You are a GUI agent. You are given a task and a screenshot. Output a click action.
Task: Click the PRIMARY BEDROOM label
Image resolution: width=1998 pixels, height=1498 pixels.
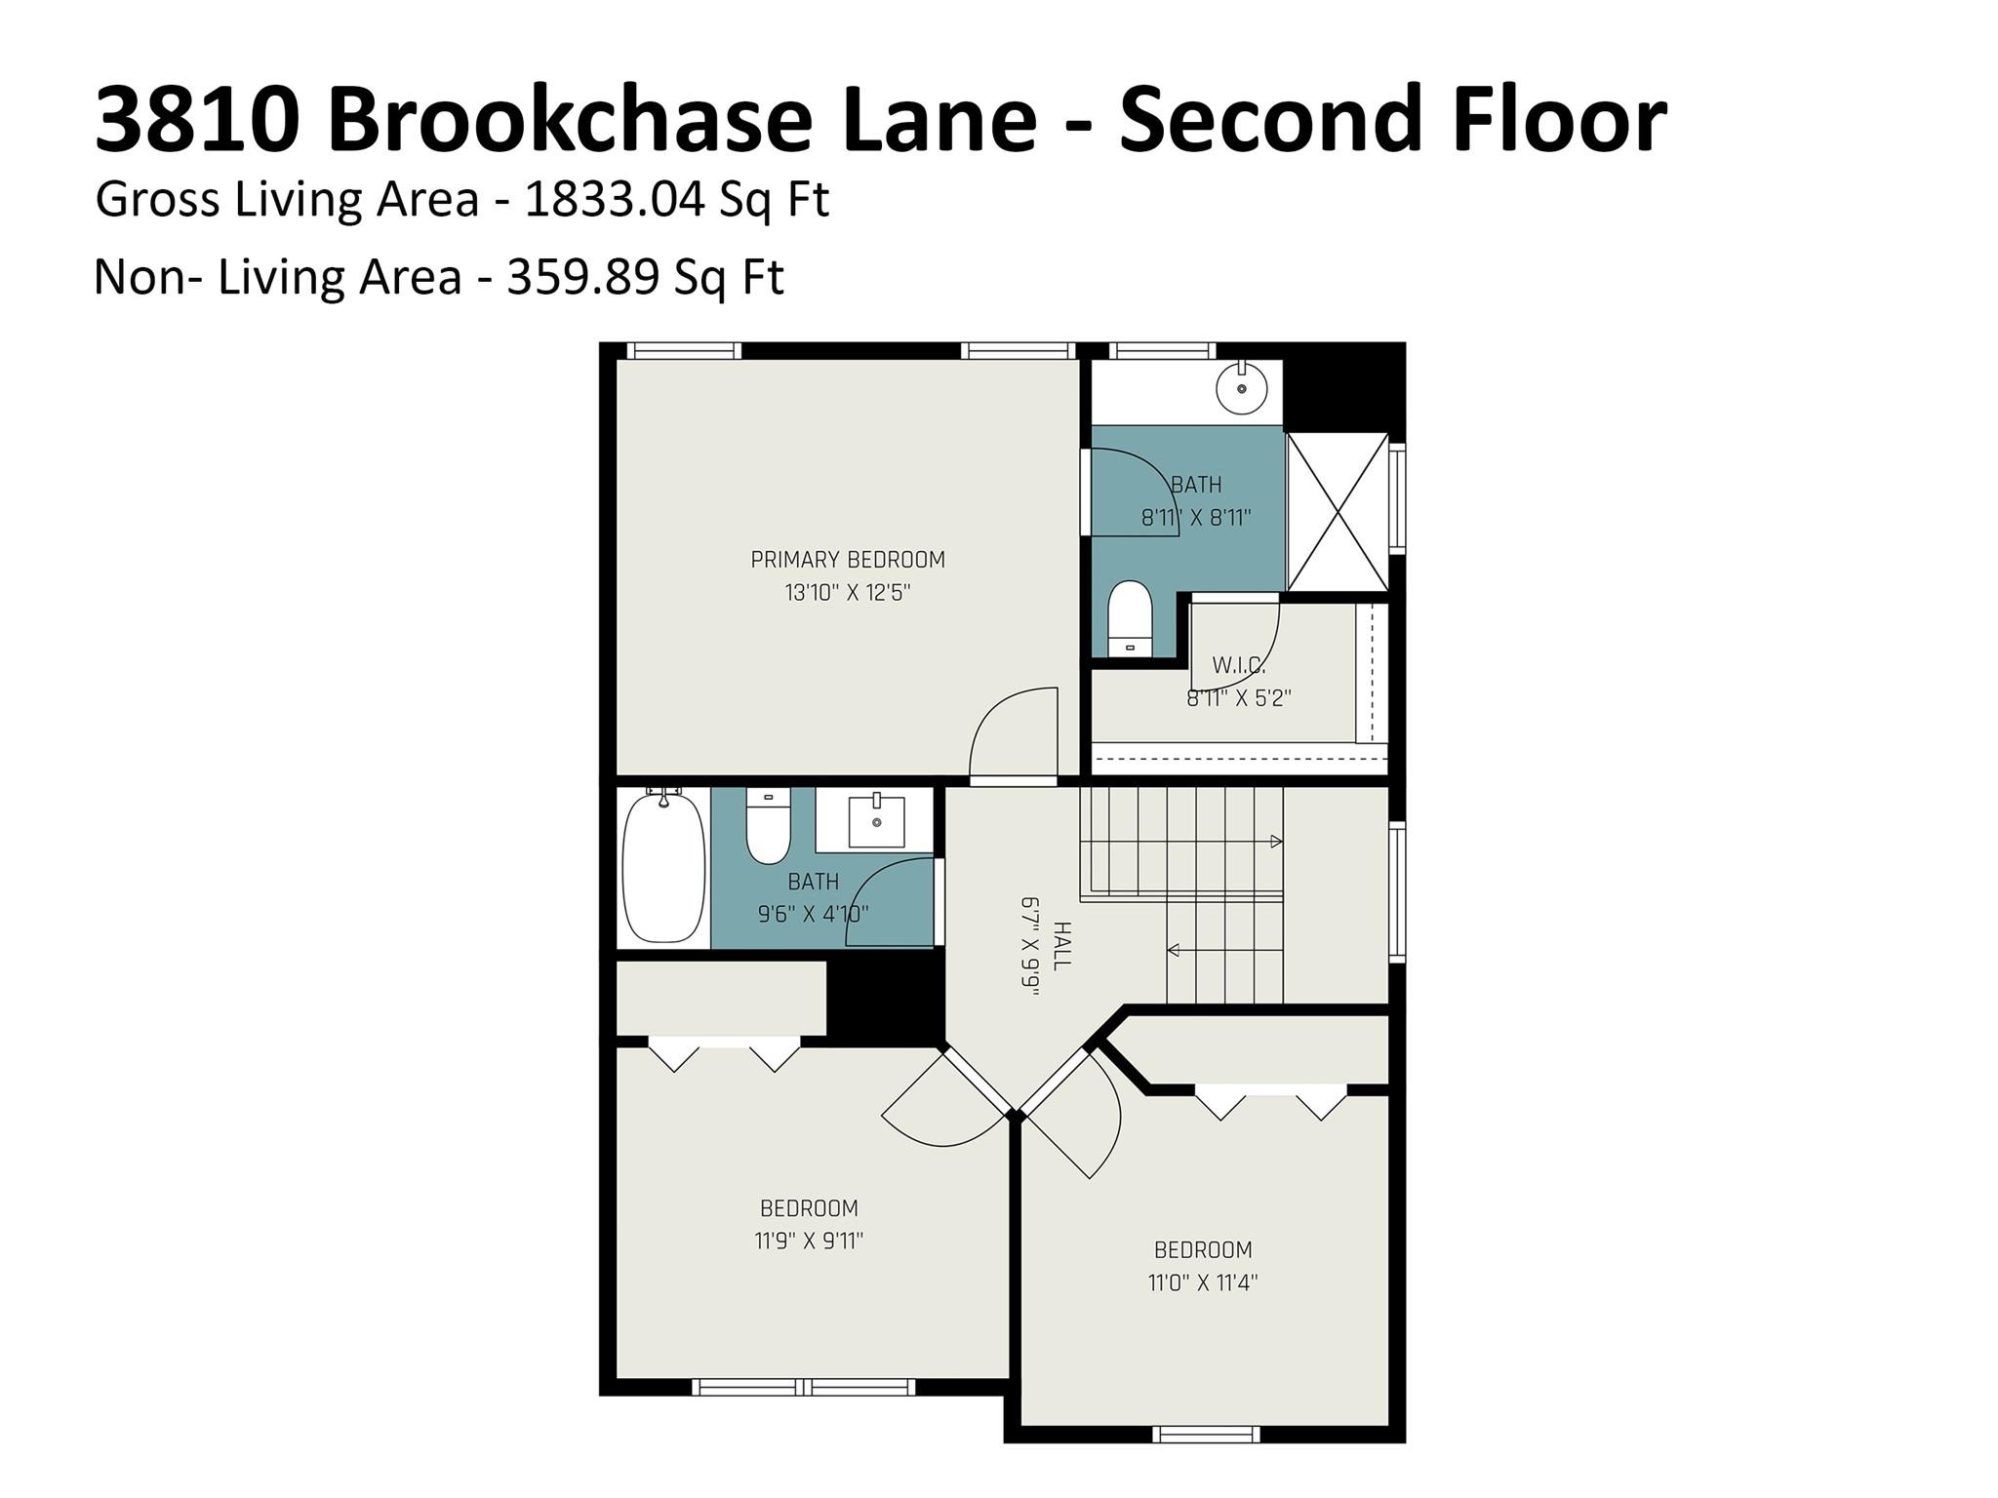(x=847, y=560)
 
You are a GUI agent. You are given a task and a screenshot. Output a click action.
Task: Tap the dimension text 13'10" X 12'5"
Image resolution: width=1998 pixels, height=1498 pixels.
(x=847, y=592)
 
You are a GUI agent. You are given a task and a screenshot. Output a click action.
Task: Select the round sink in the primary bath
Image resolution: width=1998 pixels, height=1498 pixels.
(x=1241, y=388)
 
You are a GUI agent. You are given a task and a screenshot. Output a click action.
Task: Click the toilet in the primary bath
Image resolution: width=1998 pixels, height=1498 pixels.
(x=1130, y=620)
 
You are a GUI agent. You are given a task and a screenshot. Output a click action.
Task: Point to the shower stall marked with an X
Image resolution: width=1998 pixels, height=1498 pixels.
(x=1338, y=512)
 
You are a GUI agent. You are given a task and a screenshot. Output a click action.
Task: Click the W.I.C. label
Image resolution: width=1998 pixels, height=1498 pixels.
(x=1238, y=666)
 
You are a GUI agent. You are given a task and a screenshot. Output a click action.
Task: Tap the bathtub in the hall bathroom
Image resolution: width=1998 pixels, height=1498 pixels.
(x=663, y=868)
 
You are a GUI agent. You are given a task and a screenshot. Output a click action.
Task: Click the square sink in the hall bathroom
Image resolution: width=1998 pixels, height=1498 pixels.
(x=875, y=821)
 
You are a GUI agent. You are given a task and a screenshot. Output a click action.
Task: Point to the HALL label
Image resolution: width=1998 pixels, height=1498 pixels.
(x=1061, y=945)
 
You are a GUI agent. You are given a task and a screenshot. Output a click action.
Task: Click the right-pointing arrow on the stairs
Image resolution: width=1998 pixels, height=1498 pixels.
(x=1275, y=841)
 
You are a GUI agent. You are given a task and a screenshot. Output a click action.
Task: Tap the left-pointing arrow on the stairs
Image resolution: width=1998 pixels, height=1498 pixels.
(x=1175, y=950)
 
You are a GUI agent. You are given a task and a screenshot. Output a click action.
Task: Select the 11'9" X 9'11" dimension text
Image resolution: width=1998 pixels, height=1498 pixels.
(x=809, y=1241)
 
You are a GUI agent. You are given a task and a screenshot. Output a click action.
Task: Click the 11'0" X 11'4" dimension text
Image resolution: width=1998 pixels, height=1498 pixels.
(x=1202, y=1281)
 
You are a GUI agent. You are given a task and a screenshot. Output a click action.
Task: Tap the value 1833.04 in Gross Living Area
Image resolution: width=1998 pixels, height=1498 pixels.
(x=614, y=200)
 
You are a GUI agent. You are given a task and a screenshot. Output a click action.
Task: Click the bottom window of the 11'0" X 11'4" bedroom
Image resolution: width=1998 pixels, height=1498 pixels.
(x=1206, y=1434)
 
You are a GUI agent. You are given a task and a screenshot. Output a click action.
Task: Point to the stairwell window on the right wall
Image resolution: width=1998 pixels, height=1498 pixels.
(x=1397, y=892)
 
